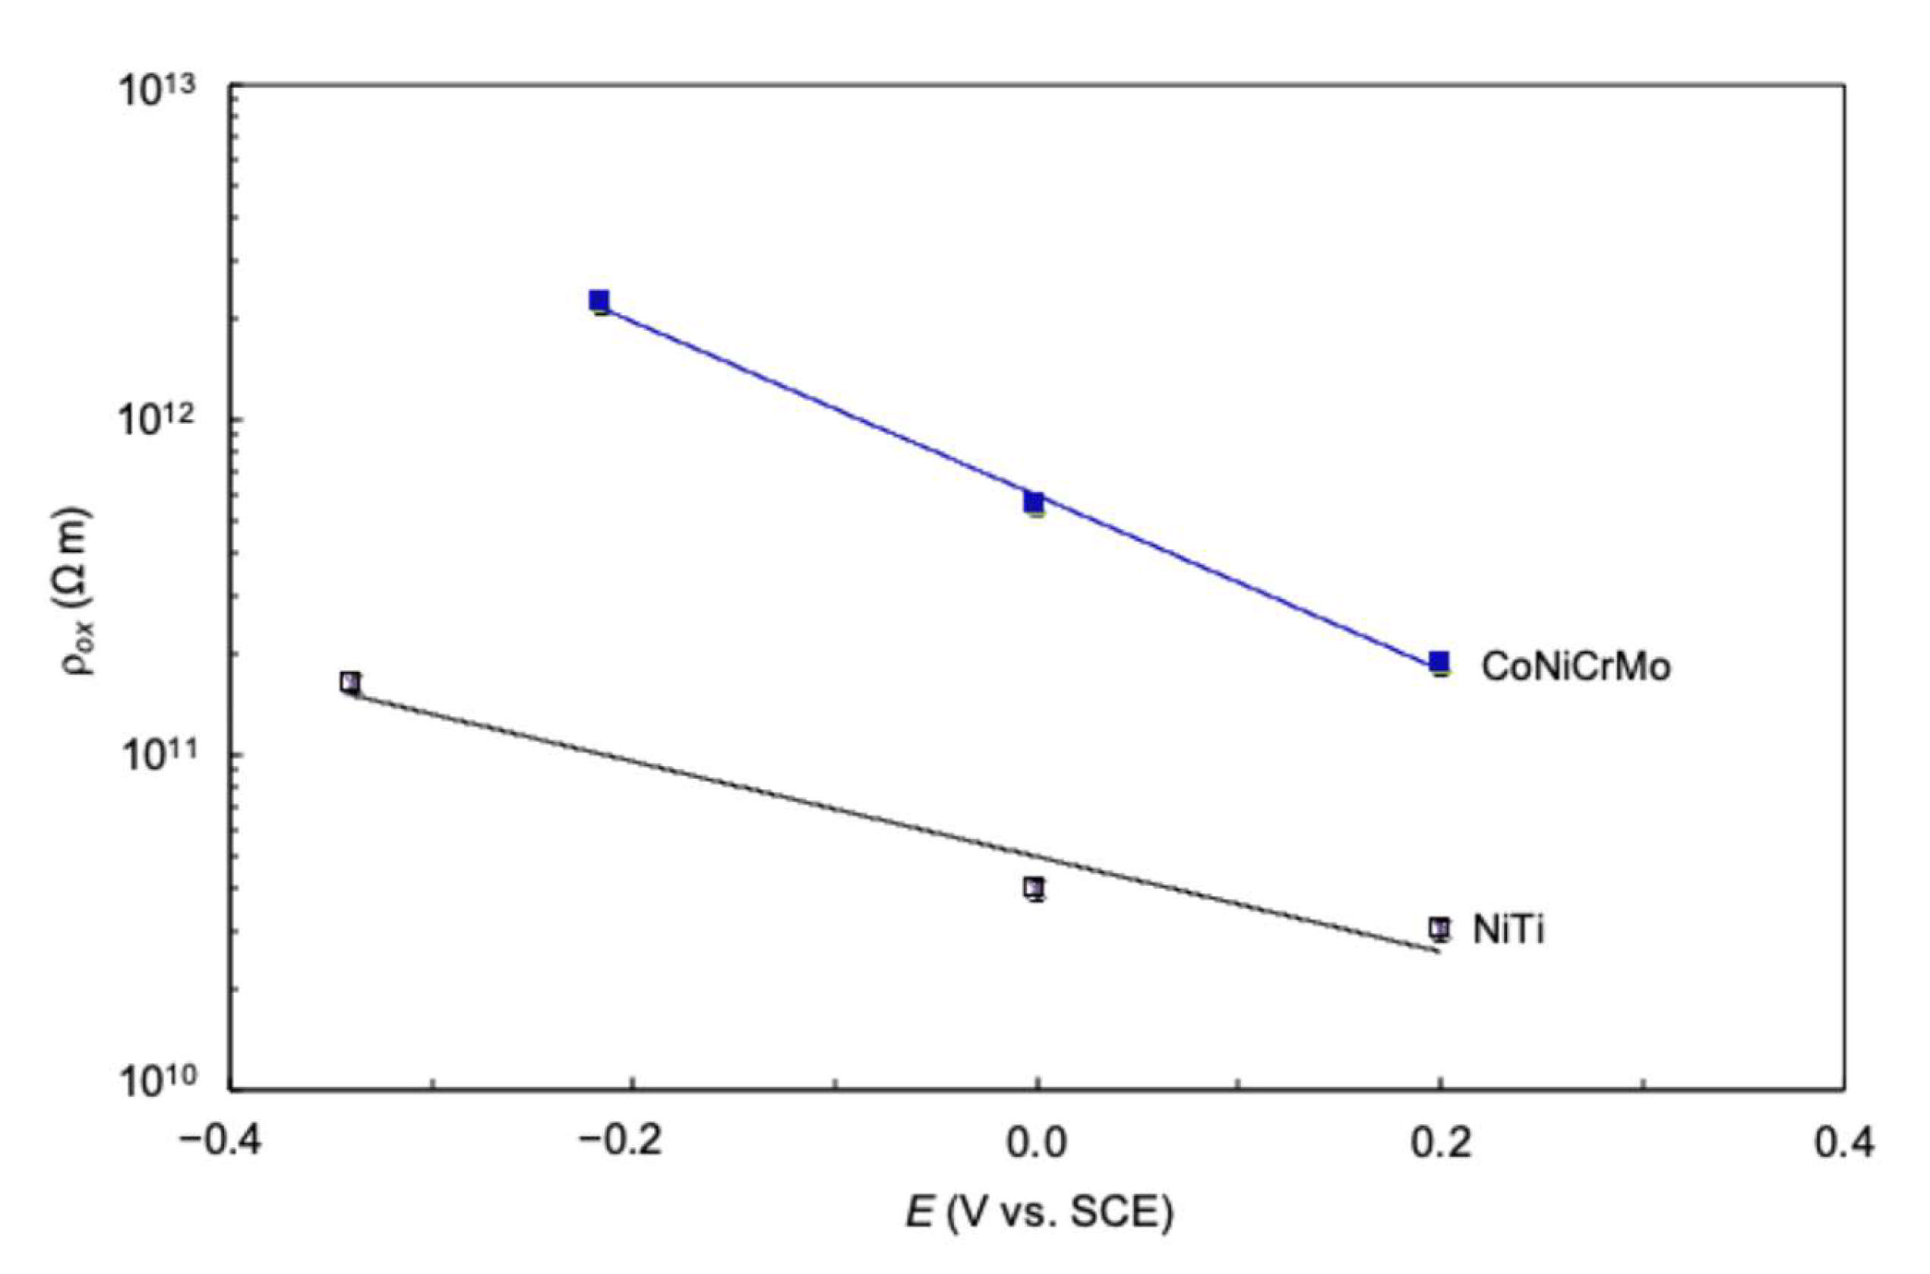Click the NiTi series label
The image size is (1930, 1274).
[1508, 930]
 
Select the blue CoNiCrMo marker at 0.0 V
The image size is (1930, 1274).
[1034, 502]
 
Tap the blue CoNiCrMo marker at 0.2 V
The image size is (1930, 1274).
[1439, 661]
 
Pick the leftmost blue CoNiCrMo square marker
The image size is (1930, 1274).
[600, 301]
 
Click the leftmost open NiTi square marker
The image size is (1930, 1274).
[350, 682]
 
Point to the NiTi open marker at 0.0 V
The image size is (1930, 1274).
[1034, 887]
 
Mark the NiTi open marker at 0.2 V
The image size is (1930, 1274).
[1439, 926]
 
